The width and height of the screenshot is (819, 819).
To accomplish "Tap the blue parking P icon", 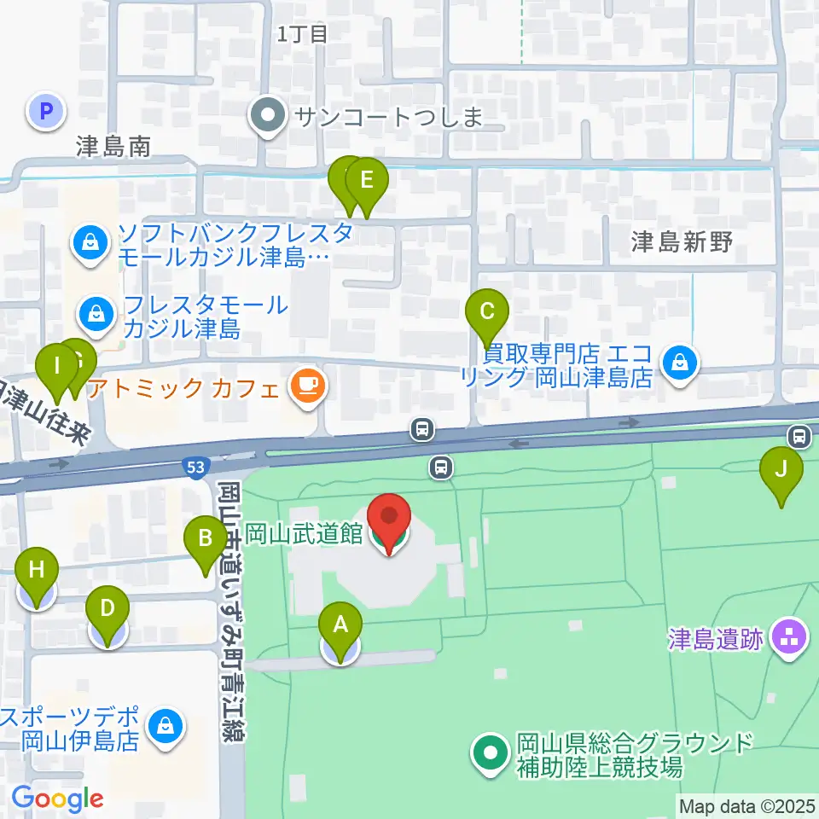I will click(x=47, y=110).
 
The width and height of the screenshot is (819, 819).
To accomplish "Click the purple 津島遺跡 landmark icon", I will click(x=790, y=639).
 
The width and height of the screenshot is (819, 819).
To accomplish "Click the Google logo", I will click(x=58, y=798).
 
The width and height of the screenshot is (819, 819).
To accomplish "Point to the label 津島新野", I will click(x=682, y=242).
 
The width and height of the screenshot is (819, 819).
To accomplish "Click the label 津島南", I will click(x=113, y=147).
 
